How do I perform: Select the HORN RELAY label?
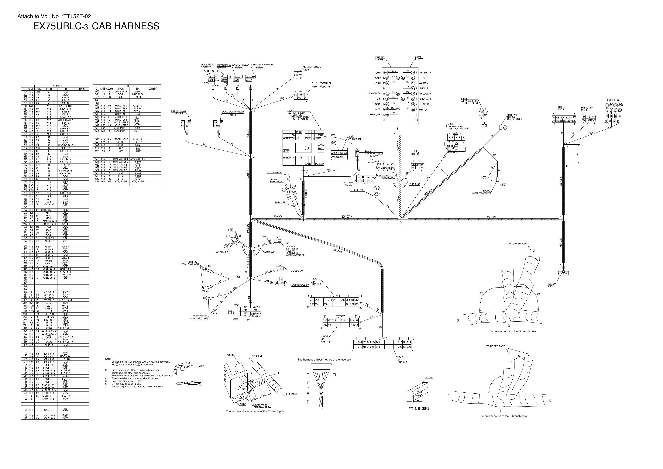(207, 64)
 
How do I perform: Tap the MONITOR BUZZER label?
(312, 67)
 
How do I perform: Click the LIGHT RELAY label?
(178, 111)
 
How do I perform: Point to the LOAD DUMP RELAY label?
(233, 112)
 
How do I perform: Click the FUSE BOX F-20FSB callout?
(380, 58)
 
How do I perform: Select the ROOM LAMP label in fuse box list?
(375, 115)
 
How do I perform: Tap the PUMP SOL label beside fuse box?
(425, 104)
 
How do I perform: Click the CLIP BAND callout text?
(414, 184)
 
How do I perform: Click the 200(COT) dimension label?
(346, 217)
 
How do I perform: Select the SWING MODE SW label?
(300, 285)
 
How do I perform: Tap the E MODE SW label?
(297, 271)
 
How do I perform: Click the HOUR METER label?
(200, 316)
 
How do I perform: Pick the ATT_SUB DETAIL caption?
(419, 409)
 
